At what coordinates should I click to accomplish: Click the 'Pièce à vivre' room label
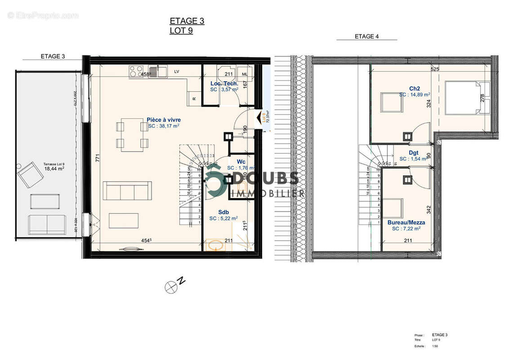click(x=164, y=120)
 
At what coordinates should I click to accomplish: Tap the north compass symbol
click(x=171, y=287)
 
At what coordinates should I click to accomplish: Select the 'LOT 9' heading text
click(x=181, y=31)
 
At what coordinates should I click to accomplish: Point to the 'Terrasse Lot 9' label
click(x=54, y=164)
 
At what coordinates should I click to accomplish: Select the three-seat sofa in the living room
click(x=127, y=190)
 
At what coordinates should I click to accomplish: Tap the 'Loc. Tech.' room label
click(x=224, y=84)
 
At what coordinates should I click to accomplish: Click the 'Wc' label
click(x=235, y=162)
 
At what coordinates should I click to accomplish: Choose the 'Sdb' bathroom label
click(x=223, y=212)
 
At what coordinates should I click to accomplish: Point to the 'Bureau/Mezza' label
click(x=406, y=222)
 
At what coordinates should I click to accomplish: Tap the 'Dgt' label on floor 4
click(x=413, y=153)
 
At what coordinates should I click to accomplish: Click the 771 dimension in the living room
click(x=97, y=158)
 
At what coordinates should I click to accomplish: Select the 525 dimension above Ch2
click(x=434, y=69)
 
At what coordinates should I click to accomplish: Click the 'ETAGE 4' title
click(x=366, y=36)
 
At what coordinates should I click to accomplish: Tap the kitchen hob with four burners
click(x=136, y=71)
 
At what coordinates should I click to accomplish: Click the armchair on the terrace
click(x=30, y=174)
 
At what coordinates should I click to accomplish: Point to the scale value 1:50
click(x=435, y=346)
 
